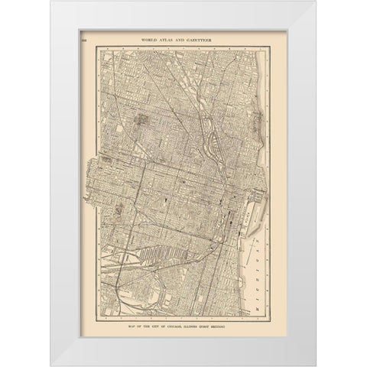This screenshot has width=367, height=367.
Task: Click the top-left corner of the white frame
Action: [57, 2]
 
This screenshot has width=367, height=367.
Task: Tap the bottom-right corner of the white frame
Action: [311, 365]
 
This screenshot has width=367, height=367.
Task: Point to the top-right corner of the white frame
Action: [311, 2]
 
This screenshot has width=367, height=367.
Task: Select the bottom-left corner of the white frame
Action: [57, 365]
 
